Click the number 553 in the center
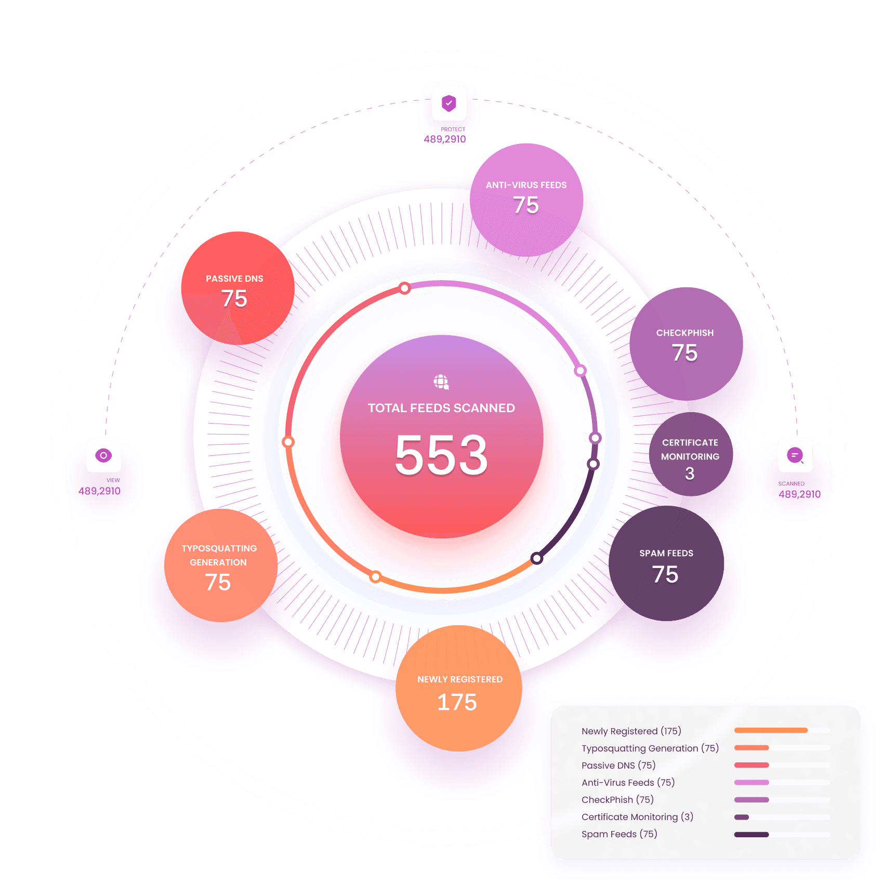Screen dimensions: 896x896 coord(441,455)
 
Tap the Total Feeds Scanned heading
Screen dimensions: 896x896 coord(441,408)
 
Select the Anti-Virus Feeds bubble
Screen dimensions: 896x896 coord(526,200)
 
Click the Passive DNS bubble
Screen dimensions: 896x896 coord(237,288)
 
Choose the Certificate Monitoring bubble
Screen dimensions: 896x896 coord(690,455)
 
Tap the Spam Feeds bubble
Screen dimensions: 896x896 coord(666,564)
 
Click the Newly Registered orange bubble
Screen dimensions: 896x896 coord(458,689)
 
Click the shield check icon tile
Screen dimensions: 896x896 coord(449,103)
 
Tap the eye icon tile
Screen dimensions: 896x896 coord(104,455)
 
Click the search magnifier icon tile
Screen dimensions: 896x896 coord(795,455)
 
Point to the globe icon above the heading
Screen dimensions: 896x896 coord(441,382)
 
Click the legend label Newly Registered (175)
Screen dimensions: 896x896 coord(631,731)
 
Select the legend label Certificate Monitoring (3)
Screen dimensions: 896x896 coord(637,817)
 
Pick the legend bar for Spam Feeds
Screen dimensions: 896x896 coord(751,835)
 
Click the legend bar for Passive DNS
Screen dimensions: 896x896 coord(751,765)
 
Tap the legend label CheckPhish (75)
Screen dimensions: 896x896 coord(617,800)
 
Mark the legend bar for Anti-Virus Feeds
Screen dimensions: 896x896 coord(751,783)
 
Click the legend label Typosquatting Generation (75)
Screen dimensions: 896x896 coord(650,748)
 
